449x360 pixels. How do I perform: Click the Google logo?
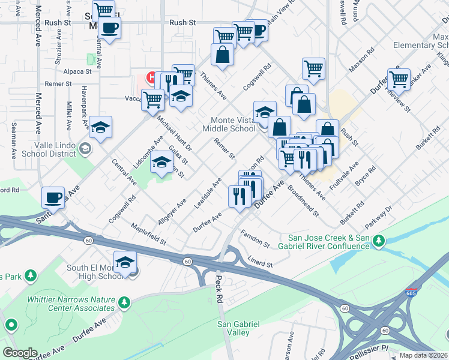click(20, 353)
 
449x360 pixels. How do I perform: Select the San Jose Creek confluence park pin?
click(378, 241)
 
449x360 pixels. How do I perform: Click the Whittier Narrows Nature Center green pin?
click(124, 302)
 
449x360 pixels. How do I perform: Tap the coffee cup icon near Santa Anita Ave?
click(53, 197)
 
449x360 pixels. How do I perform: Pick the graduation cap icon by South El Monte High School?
click(125, 262)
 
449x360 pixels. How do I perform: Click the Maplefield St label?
click(149, 234)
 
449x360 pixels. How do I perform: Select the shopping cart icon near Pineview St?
click(398, 79)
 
